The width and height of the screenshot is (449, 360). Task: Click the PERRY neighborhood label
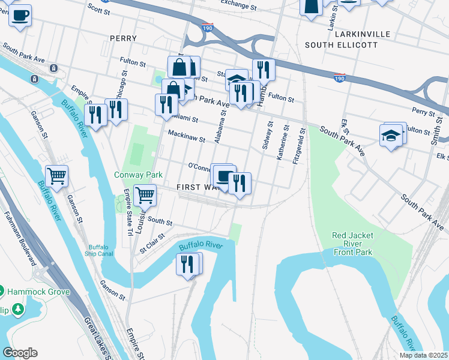coord(124,38)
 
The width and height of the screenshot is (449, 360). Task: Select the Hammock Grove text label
coord(38,292)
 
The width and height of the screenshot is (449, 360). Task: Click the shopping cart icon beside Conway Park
coord(145,194)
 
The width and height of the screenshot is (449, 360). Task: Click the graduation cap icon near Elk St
coord(391,134)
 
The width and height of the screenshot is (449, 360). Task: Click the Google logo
coord(20,353)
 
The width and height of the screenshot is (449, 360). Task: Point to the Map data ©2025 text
coord(423,355)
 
